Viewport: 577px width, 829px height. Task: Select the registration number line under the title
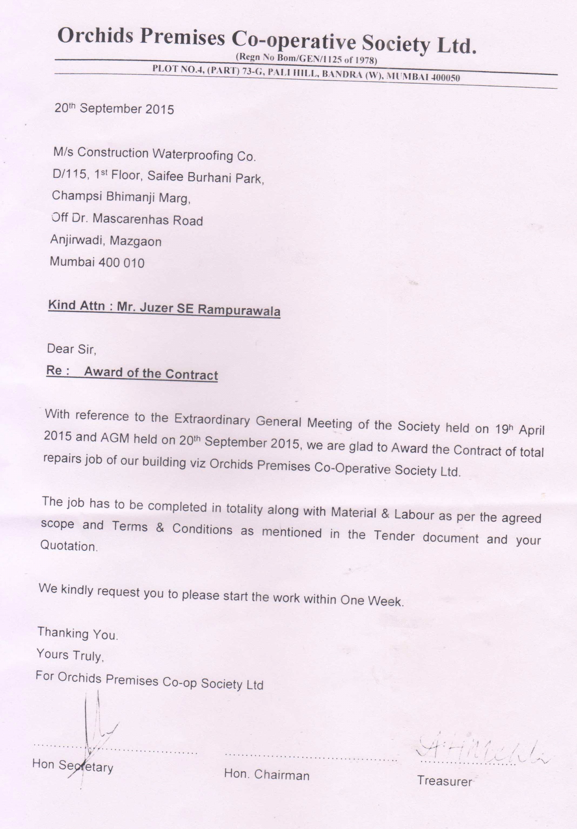click(306, 59)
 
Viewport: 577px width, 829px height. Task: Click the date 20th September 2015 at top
click(114, 109)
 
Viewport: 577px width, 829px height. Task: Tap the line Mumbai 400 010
click(97, 262)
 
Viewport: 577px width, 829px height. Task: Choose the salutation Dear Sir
click(72, 349)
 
